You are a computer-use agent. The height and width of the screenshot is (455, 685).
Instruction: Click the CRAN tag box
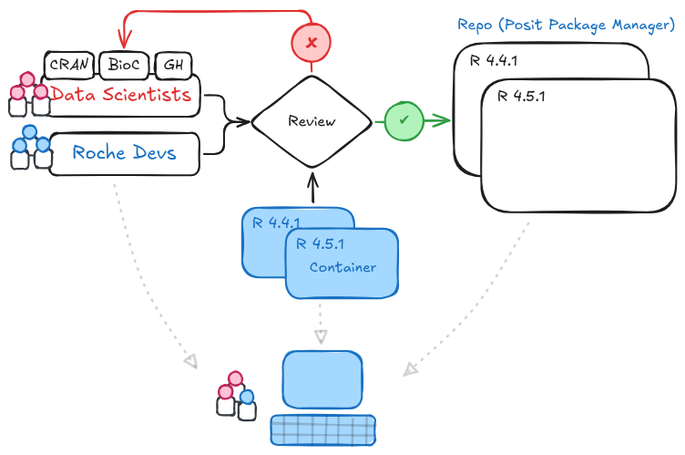click(x=68, y=66)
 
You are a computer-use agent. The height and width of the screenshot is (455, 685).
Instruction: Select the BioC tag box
click(x=124, y=66)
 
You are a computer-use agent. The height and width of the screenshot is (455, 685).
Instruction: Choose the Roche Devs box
click(x=124, y=153)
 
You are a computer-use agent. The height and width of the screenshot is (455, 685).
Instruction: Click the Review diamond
click(x=312, y=121)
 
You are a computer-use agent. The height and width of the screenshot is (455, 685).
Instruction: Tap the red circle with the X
click(x=312, y=43)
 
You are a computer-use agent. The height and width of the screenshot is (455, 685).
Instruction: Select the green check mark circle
click(x=403, y=120)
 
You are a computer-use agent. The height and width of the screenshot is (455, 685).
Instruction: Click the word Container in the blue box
click(x=342, y=267)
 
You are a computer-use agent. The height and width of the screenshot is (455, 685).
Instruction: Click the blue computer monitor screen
click(x=322, y=378)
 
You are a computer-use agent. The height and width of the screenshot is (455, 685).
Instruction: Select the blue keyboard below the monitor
click(x=322, y=429)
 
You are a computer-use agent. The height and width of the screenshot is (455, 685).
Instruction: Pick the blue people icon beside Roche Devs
click(x=29, y=147)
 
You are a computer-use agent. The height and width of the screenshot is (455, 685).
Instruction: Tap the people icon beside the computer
click(x=236, y=394)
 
